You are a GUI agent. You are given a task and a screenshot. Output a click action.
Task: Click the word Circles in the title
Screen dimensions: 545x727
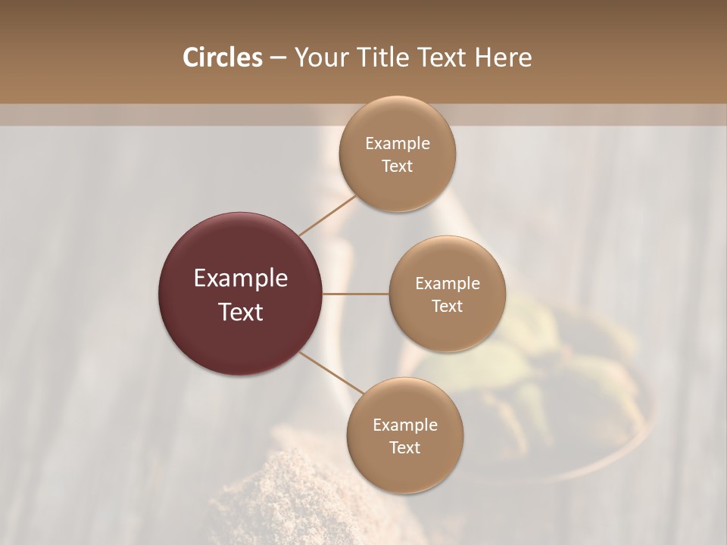222,58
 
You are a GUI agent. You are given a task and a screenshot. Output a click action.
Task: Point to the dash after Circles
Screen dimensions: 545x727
277,58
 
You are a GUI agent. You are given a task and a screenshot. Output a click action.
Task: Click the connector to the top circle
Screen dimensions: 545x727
327,214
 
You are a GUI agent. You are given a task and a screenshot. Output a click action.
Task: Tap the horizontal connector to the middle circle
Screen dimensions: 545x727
356,294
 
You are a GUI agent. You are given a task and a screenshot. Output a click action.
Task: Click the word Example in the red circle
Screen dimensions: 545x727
241,279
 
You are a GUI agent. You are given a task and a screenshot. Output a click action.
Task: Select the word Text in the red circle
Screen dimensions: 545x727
241,312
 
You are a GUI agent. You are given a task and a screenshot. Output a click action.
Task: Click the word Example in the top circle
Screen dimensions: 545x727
398,144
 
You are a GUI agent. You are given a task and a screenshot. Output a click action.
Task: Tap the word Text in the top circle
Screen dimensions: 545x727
398,167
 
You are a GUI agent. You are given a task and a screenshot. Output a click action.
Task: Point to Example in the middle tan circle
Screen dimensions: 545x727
448,284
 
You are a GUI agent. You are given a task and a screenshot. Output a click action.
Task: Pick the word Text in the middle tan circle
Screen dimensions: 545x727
448,307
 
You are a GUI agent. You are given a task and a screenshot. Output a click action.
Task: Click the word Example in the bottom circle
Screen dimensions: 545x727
405,425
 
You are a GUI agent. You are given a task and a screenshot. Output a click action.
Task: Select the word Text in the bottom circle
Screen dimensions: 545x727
405,448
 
